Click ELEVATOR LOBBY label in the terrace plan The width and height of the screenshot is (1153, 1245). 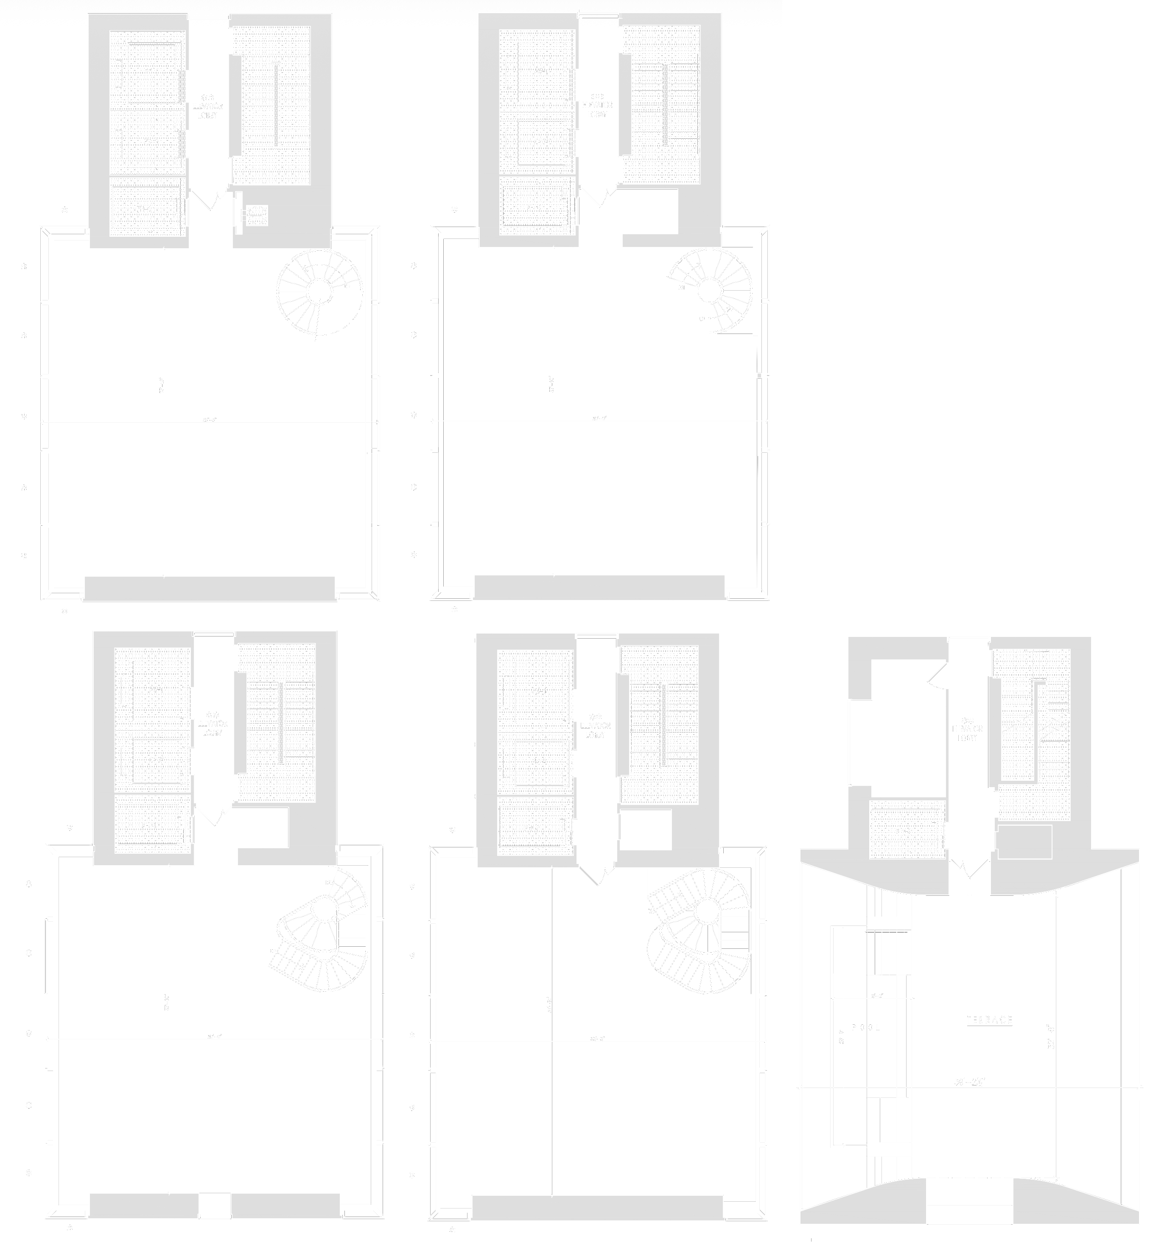click(x=967, y=733)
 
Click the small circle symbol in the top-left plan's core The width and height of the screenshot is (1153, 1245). click(x=256, y=215)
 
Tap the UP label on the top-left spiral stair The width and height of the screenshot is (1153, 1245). click(x=347, y=287)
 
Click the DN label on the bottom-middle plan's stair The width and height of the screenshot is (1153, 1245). click(x=651, y=911)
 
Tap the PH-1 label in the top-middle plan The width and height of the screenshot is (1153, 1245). click(x=533, y=208)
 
